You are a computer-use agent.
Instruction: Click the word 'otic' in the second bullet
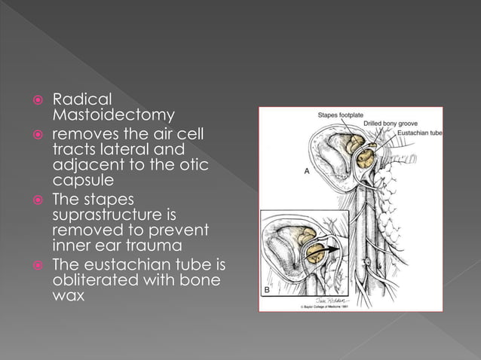point(191,166)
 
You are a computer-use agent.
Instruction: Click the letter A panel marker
point(307,172)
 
